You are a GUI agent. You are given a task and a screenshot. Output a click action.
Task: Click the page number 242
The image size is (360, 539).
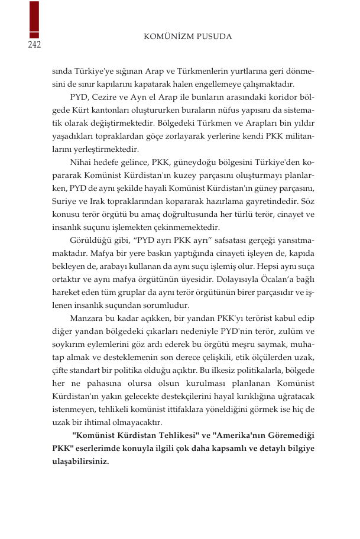(34, 46)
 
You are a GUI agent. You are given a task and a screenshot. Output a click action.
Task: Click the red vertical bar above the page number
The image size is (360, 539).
(34, 20)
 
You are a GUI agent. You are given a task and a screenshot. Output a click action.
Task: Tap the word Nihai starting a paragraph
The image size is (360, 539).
(82, 163)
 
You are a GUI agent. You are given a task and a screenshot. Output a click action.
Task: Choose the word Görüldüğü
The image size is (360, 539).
(89, 241)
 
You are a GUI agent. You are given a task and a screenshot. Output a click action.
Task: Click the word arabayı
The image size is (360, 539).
(105, 267)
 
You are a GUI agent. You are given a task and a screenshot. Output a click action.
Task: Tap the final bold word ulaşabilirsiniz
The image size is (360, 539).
(80, 462)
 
